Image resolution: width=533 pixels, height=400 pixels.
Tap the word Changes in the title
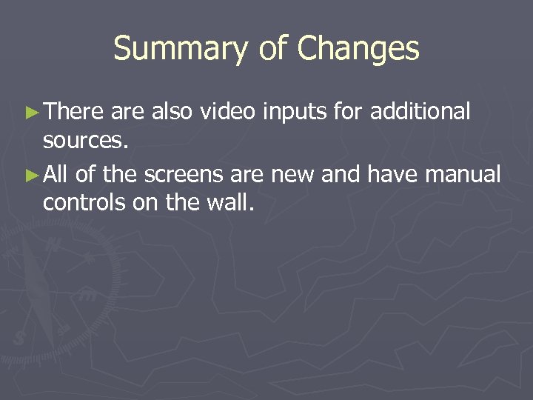358,50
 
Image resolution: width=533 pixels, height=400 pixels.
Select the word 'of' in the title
273,50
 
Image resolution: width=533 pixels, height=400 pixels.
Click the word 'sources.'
87,141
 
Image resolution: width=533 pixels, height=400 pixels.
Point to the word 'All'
57,175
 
